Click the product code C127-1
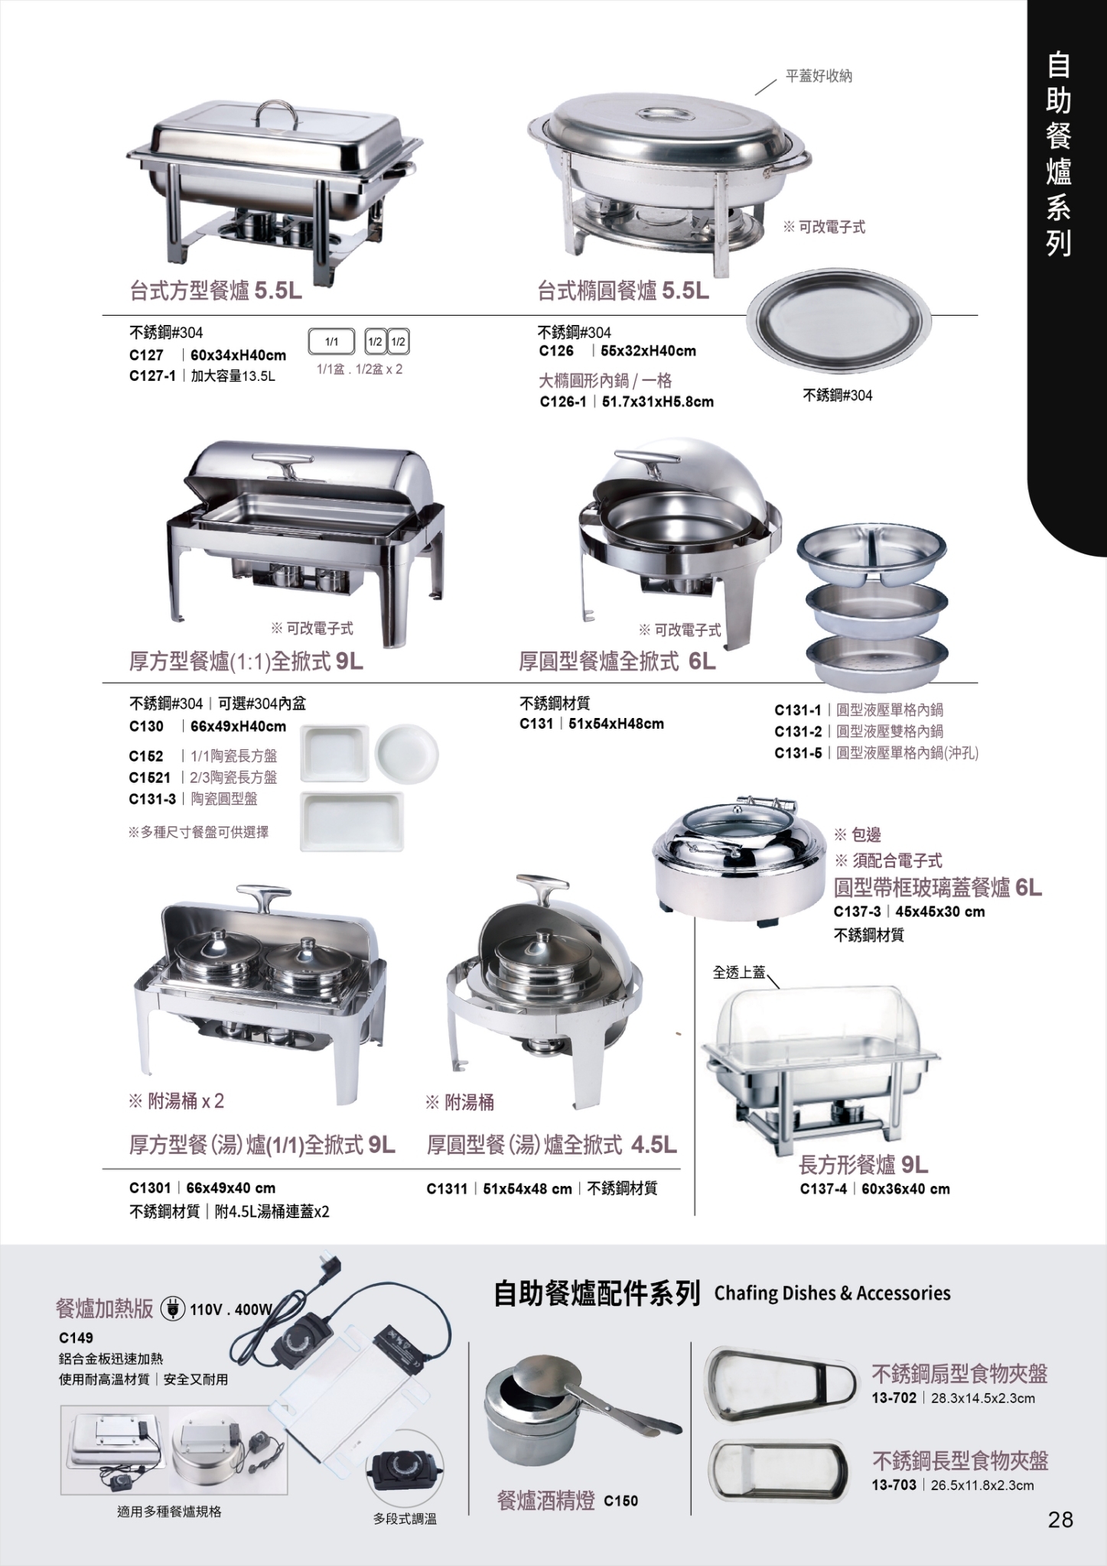click(x=152, y=376)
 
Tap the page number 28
click(x=1060, y=1519)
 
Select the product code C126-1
click(x=563, y=401)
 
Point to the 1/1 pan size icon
click(x=331, y=342)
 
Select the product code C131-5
click(x=798, y=753)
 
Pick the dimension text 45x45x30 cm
click(x=940, y=911)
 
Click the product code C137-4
click(x=823, y=1189)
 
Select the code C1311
click(x=447, y=1188)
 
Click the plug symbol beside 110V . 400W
click(x=174, y=1308)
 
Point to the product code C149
click(x=76, y=1337)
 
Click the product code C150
click(x=620, y=1501)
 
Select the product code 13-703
click(x=894, y=1486)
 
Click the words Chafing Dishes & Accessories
click(x=832, y=1293)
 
